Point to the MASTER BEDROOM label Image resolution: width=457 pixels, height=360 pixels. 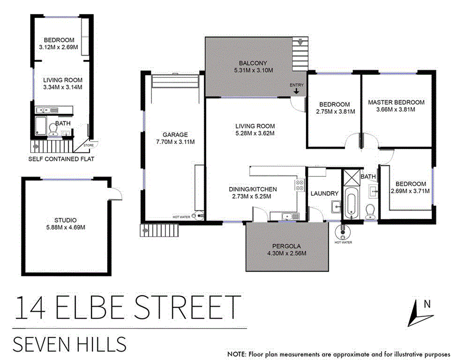point(396,102)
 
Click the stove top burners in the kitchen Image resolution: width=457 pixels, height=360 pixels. point(299,184)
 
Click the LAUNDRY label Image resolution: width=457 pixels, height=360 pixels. point(324,194)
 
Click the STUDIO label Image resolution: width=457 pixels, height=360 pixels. point(66,220)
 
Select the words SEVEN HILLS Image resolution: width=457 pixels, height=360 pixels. point(70,345)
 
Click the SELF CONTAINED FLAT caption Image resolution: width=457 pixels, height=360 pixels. point(61,158)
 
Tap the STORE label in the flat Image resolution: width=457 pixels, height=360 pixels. point(88,145)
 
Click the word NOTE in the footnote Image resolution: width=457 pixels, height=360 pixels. point(236,354)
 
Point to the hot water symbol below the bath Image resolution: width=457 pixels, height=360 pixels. point(343,231)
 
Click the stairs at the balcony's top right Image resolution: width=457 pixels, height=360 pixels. point(300,54)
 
